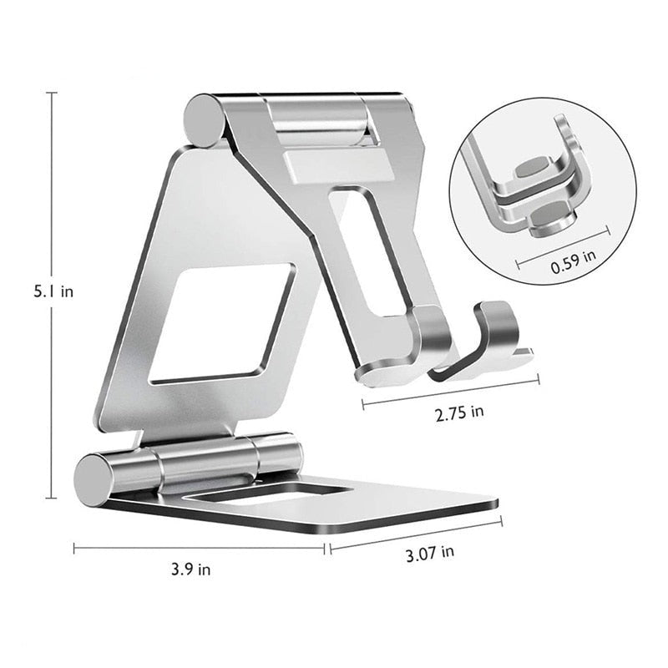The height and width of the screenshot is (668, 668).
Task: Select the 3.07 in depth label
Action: pyautogui.click(x=430, y=552)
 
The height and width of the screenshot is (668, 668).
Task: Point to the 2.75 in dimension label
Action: pyautogui.click(x=459, y=411)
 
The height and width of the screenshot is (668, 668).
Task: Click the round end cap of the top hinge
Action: pyautogui.click(x=201, y=121)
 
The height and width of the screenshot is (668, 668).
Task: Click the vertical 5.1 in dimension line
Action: pyautogui.click(x=53, y=209)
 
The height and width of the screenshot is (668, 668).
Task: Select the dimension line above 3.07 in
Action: pyautogui.click(x=416, y=534)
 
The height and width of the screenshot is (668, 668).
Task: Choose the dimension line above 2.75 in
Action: pyautogui.click(x=450, y=393)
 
